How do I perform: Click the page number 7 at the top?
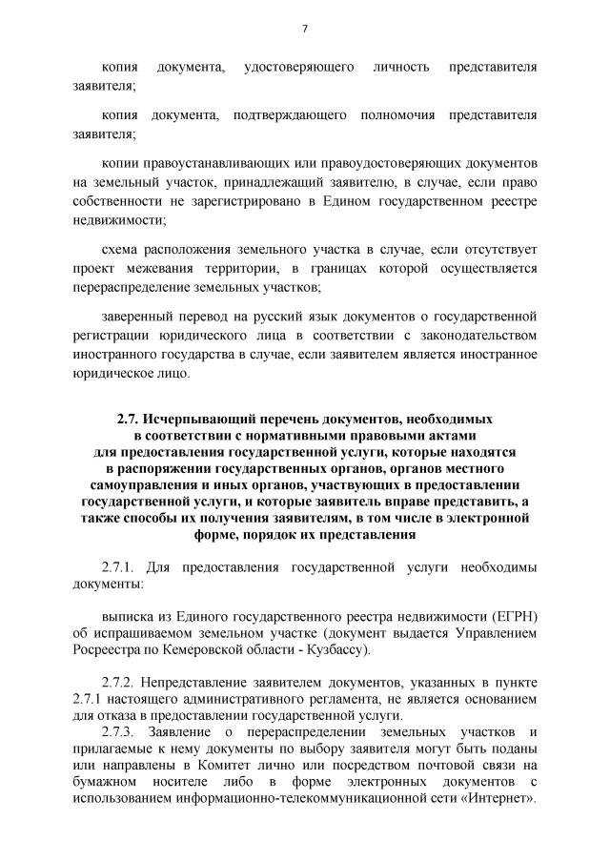click(304, 29)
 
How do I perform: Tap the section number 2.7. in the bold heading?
click(128, 419)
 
